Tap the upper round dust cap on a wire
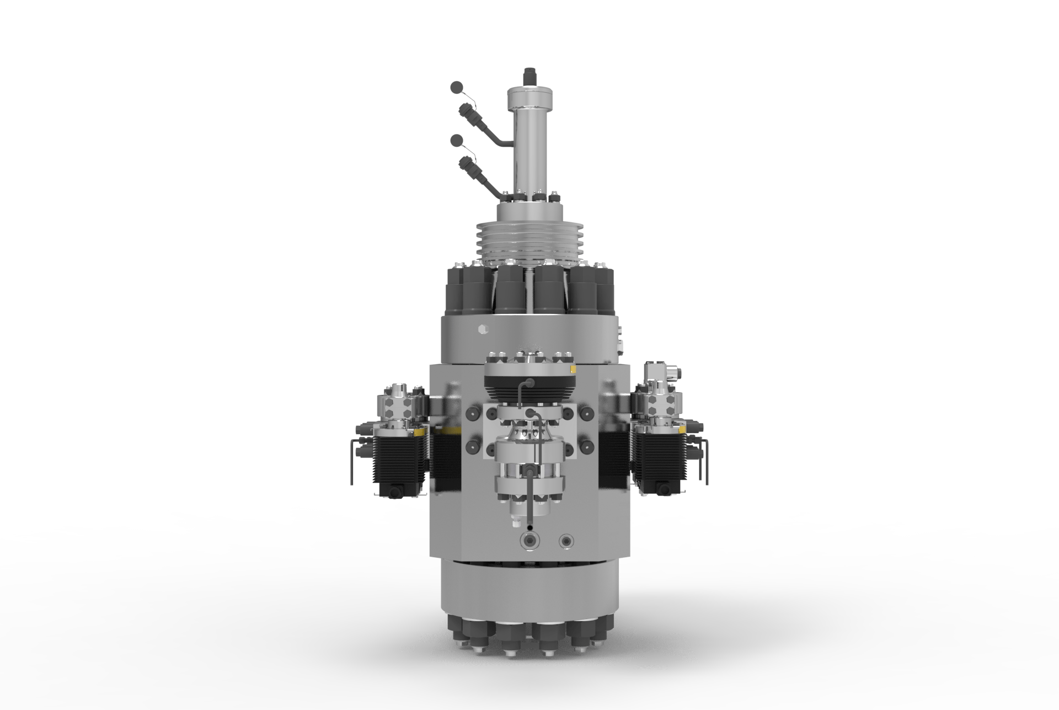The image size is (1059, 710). [x=457, y=87]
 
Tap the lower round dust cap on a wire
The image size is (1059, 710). [x=457, y=140]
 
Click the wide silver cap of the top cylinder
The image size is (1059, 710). [x=531, y=99]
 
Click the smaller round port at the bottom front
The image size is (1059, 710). [x=565, y=540]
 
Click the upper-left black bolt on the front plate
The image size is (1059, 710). [x=473, y=413]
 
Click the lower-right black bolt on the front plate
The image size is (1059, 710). [x=587, y=445]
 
